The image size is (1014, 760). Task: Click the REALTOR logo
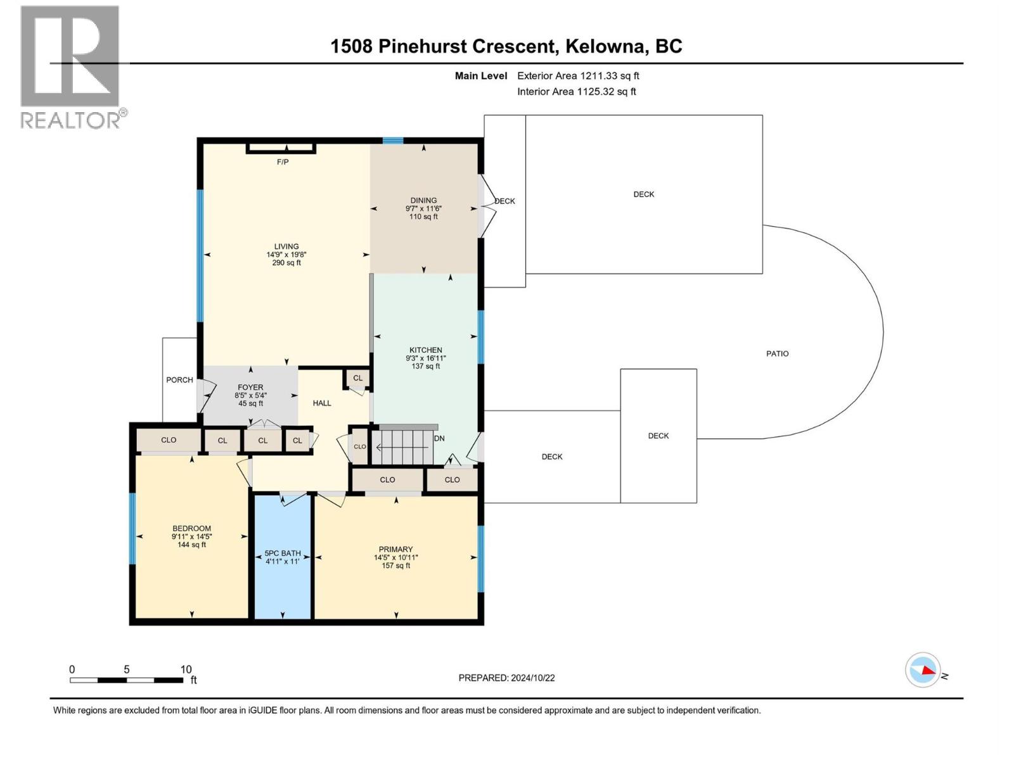coord(73,67)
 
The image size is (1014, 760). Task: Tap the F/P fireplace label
coord(283,162)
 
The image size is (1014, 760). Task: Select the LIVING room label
coord(286,246)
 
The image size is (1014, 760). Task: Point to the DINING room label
coord(423,200)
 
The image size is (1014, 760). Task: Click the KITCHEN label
coord(426,350)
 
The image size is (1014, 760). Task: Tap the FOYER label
coord(250,387)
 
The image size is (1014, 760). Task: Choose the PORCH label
coord(180,380)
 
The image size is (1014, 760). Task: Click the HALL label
coord(322,403)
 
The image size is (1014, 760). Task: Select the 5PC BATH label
coord(283,554)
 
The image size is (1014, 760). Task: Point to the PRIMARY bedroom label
coord(395,549)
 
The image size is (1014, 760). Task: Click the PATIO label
coord(778,353)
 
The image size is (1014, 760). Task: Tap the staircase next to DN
coord(403,446)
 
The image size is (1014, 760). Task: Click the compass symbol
coord(923,670)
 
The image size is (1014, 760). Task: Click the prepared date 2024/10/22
coord(532,678)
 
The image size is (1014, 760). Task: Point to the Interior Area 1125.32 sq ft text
coord(577,91)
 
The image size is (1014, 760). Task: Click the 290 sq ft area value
coord(286,263)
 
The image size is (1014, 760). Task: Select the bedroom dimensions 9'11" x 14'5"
coord(192,536)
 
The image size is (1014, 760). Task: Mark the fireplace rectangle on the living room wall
coord(281,148)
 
